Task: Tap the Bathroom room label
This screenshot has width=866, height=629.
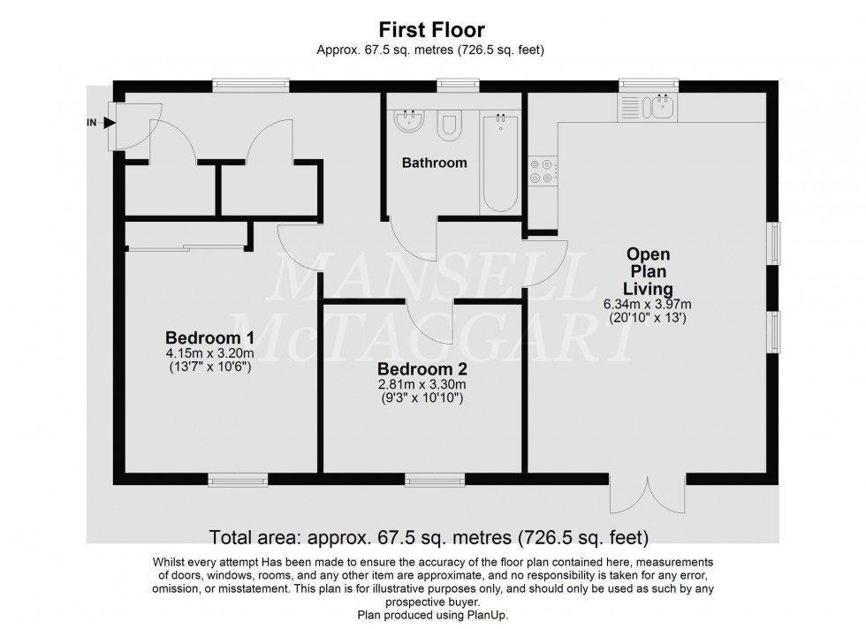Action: pyautogui.click(x=434, y=163)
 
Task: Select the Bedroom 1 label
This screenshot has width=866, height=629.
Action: pyautogui.click(x=209, y=337)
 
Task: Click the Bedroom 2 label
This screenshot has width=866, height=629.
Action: pyautogui.click(x=422, y=369)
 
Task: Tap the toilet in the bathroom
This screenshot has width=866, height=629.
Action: pyautogui.click(x=449, y=125)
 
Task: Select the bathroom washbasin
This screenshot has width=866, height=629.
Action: pyautogui.click(x=408, y=120)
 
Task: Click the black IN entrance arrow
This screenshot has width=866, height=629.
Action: pyautogui.click(x=109, y=123)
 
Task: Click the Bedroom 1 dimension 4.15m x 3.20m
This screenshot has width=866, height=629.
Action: pyautogui.click(x=209, y=353)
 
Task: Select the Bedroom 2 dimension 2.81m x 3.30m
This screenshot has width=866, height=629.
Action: pyautogui.click(x=422, y=385)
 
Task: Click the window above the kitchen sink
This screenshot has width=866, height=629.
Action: pyautogui.click(x=648, y=85)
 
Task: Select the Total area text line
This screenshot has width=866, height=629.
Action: pyautogui.click(x=429, y=536)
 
